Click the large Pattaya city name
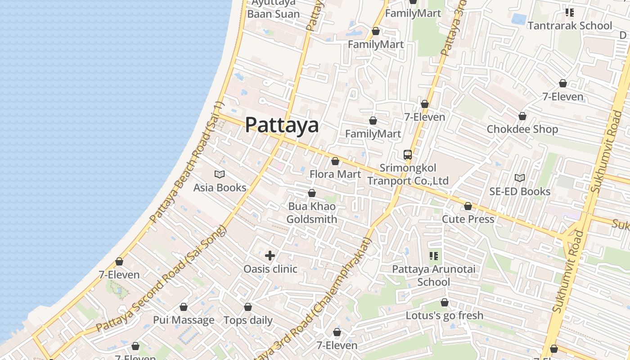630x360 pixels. pos(282,125)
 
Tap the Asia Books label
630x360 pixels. pos(220,187)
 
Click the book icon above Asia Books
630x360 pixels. pos(220,174)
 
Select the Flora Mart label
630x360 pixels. pos(335,174)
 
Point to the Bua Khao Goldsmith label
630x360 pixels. pos(311,213)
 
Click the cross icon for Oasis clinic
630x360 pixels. pos(270,256)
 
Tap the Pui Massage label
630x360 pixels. pos(184,320)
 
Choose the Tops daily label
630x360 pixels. pos(248,320)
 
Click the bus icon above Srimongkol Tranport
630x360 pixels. pos(408,155)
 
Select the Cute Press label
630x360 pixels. pos(468,219)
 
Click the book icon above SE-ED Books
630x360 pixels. pos(520,178)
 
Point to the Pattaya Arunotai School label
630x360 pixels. pos(433,275)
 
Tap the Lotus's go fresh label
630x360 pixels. pos(445,315)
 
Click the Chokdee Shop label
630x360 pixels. pos(522,129)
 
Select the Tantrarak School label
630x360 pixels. pos(570,26)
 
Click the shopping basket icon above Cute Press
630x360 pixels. pos(468,206)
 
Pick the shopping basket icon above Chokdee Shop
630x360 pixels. pos(522,116)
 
